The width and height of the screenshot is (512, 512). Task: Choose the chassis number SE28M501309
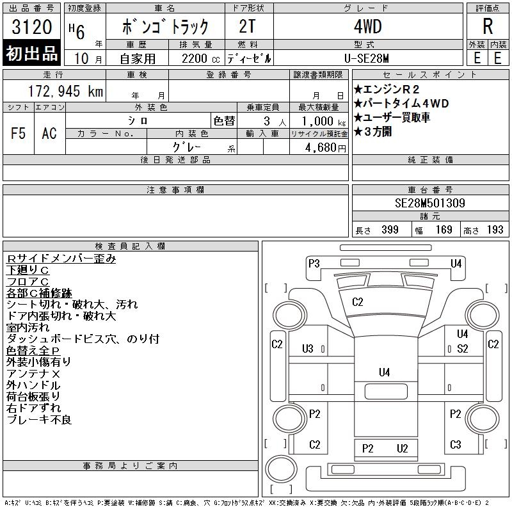(430, 204)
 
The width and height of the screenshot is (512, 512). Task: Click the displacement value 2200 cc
(195, 58)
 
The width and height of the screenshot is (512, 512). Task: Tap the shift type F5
(18, 133)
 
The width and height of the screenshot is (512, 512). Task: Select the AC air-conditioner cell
(49, 133)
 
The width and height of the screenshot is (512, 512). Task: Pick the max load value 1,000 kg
(319, 121)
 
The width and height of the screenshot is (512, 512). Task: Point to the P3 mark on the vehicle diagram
(314, 263)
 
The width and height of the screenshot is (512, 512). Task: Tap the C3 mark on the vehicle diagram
(456, 445)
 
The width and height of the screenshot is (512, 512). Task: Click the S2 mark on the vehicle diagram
(463, 349)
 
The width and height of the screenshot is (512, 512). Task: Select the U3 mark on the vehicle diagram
(308, 349)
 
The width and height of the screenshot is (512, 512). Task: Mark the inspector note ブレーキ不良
(39, 420)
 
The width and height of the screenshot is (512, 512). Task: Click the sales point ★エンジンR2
(392, 90)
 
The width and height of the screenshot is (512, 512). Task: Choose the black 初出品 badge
(32, 54)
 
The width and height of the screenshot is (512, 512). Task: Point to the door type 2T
(248, 28)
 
